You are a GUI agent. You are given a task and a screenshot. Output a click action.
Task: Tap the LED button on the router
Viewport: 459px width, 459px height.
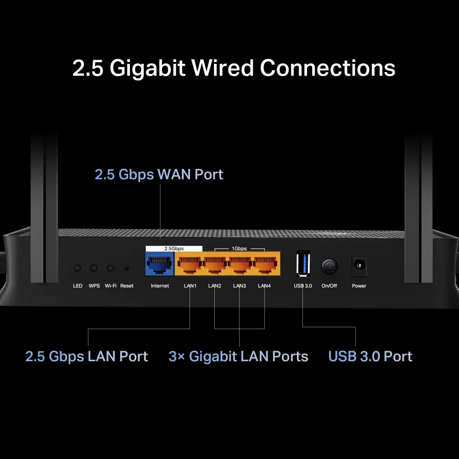[78, 268]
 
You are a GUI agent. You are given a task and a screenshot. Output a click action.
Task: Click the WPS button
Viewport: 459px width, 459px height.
[94, 268]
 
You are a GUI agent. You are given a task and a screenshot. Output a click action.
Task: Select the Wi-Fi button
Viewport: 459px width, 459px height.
[110, 268]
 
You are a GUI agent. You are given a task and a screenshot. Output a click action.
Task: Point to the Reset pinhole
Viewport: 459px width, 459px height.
[127, 268]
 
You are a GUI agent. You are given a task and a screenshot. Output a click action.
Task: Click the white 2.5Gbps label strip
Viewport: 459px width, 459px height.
[174, 248]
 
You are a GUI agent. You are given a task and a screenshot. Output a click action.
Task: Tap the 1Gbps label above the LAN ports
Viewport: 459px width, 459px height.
[239, 248]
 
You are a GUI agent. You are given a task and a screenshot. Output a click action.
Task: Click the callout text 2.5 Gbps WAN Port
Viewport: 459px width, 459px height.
[159, 174]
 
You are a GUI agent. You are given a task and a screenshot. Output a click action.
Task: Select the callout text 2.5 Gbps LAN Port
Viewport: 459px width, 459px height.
[87, 357]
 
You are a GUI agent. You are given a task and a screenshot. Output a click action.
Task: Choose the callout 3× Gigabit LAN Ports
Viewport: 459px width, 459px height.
[239, 357]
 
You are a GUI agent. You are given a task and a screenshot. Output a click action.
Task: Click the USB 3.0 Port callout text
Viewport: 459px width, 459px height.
[370, 357]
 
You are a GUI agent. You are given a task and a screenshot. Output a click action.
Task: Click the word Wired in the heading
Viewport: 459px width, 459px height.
[223, 68]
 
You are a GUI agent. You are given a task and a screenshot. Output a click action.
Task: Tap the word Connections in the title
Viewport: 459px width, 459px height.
[328, 68]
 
